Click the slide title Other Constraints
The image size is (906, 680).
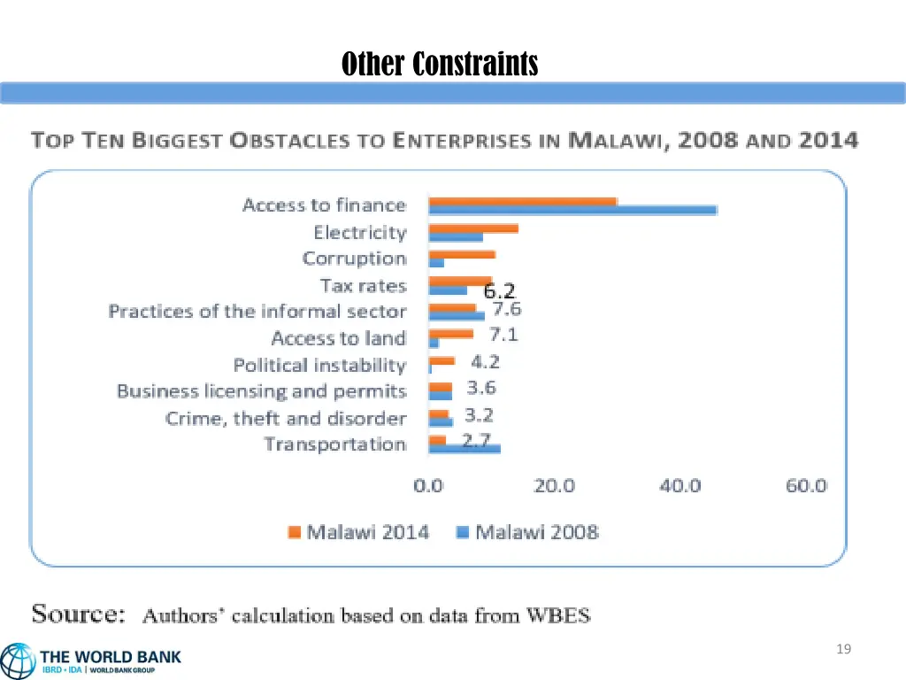coord(440,64)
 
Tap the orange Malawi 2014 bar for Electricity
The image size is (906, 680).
coord(472,228)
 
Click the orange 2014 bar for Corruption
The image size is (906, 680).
coord(461,255)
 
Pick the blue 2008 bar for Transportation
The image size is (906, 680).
coord(464,449)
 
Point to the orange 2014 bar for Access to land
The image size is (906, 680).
coord(450,334)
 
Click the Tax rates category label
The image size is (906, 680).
coord(363,285)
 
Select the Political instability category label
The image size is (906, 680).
coord(319,365)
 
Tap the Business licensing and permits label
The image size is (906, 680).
coord(261,391)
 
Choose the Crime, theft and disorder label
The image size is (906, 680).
coord(286,418)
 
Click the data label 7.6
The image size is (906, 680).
coord(506,309)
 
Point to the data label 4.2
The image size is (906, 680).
coord(485,361)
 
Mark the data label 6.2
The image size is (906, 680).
coord(499,290)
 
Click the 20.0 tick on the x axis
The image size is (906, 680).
coord(555,485)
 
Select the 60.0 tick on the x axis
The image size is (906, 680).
coord(806,485)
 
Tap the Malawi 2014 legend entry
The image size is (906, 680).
coord(357,532)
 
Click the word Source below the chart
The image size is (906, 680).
coord(78,614)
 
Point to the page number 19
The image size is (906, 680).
coord(843,650)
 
